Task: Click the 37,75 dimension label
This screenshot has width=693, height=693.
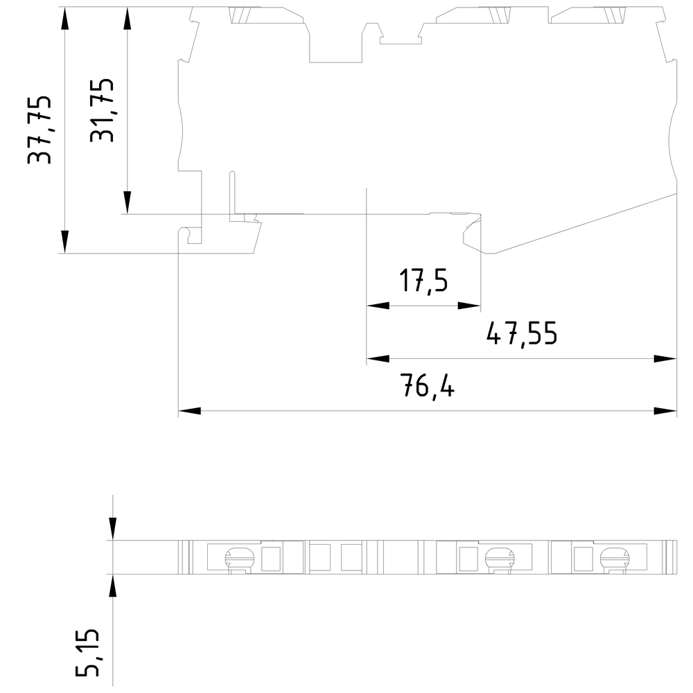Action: pos(39,130)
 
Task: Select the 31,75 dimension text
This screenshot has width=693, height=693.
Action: pos(102,110)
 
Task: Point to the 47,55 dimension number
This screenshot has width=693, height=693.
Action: pos(522,334)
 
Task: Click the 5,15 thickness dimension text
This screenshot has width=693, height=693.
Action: pos(87,652)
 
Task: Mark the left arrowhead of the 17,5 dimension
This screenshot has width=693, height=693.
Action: pos(378,306)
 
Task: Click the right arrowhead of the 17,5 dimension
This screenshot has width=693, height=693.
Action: pos(469,306)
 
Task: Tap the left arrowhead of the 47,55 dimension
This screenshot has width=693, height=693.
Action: pos(378,358)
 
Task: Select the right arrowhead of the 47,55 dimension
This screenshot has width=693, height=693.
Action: pos(665,358)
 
